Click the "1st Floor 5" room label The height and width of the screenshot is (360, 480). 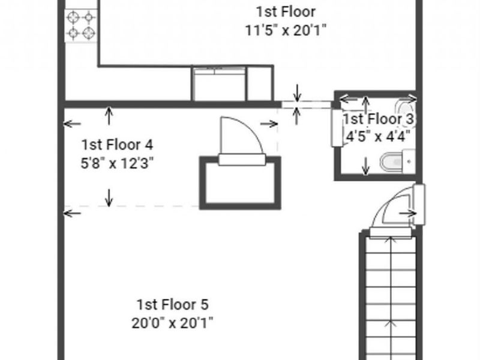pos(172,304)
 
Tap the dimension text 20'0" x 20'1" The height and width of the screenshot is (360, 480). pos(172,322)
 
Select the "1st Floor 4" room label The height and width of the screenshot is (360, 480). pos(118,145)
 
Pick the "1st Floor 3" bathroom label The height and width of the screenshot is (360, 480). pos(379,118)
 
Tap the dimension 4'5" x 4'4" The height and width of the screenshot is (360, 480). pos(379,136)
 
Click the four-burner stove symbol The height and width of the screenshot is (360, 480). pos(81,25)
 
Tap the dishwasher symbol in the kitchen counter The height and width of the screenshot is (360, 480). pos(218,84)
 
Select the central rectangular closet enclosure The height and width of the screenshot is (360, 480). pos(240,183)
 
